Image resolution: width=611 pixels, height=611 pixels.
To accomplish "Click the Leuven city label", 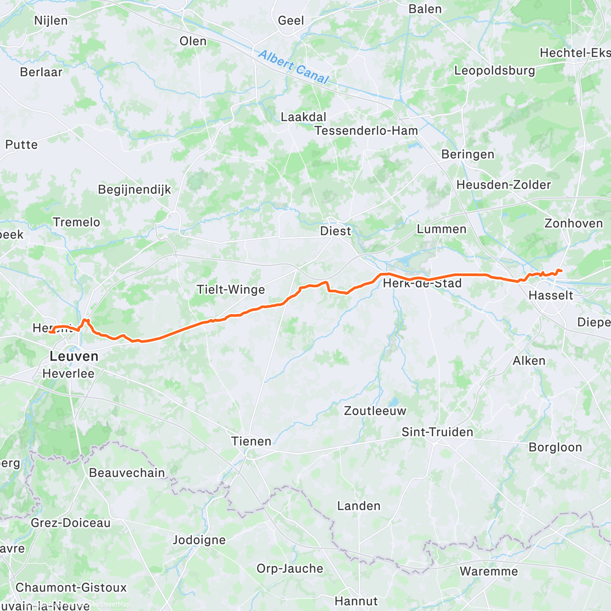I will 74,356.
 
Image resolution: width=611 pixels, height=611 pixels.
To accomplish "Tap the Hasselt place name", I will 550,295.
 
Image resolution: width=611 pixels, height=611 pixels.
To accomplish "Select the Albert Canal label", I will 294,67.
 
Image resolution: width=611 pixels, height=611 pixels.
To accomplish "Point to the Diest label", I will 336,231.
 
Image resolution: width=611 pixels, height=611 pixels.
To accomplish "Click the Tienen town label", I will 251,441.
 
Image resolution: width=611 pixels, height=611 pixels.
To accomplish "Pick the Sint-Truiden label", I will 437,432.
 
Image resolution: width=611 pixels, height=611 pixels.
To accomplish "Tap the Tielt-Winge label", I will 231,290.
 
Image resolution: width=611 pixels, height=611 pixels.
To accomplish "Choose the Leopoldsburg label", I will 494,71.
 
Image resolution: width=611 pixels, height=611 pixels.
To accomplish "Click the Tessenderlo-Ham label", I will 366,131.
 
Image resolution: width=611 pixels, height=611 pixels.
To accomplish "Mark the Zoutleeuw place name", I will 375,411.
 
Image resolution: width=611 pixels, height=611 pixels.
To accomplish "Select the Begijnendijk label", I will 134,190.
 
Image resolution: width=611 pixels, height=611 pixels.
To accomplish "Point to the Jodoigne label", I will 199,540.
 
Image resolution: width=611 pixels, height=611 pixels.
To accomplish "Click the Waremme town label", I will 488,571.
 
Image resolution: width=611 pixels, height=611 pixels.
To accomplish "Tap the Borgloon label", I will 555,448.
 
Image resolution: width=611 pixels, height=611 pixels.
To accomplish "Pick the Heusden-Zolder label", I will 504,185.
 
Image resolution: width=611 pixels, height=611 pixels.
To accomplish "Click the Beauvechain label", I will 127,473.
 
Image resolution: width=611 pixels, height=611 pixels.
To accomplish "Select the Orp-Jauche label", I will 290,569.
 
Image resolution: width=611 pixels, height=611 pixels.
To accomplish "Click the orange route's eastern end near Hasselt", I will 561,270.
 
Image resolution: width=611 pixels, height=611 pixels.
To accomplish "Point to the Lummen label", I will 441,229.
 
